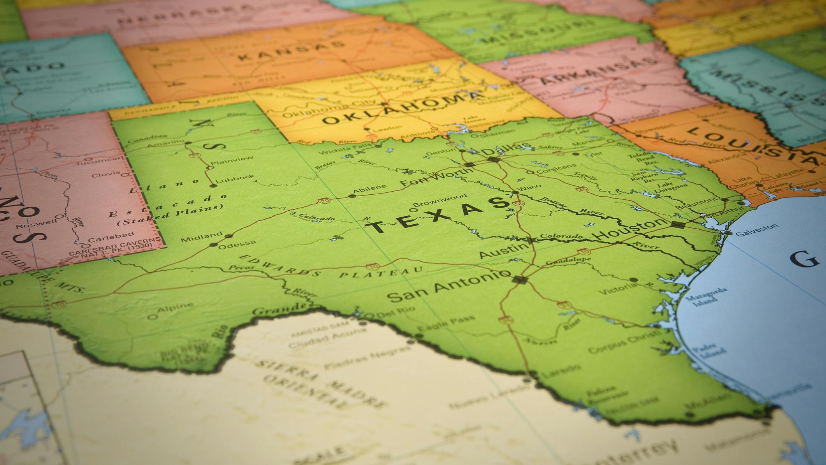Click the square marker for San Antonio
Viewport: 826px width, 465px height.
pos(519,279)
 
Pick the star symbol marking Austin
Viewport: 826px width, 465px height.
pos(530,240)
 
